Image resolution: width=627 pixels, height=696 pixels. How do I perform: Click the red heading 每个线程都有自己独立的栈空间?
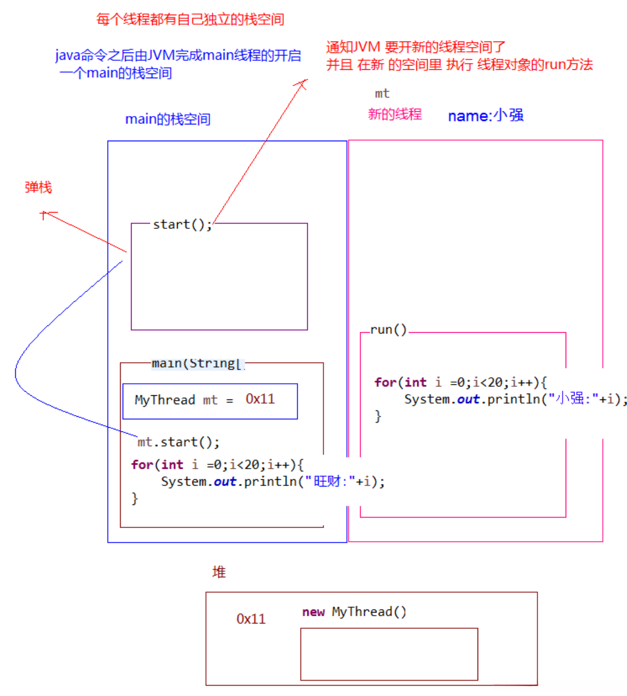point(190,19)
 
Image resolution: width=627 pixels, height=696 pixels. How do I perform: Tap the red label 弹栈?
point(38,187)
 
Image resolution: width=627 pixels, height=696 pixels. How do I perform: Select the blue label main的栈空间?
point(168,119)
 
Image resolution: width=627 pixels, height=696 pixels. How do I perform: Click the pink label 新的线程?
point(395,114)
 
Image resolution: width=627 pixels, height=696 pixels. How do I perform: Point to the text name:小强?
point(485,115)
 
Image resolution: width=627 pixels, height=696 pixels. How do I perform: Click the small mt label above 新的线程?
point(382,93)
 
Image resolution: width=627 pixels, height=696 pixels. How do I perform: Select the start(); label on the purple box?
point(182,225)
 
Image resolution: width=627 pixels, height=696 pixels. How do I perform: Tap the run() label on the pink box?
point(388,330)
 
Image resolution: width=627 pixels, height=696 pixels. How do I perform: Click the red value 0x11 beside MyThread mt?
point(260,399)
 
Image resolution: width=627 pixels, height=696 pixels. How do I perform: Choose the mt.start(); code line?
point(178,442)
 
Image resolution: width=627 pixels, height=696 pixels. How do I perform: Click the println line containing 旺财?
point(273,481)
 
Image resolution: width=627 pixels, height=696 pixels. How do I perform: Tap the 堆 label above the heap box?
point(219,572)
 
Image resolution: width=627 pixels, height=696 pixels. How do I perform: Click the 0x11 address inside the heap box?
point(251,619)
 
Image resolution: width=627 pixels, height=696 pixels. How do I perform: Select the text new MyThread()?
point(354,611)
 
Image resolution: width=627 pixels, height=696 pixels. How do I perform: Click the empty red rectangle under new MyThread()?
point(388,654)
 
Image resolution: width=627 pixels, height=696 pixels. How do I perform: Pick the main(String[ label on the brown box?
point(197,363)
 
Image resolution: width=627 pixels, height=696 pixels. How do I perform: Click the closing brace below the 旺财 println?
point(135,498)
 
